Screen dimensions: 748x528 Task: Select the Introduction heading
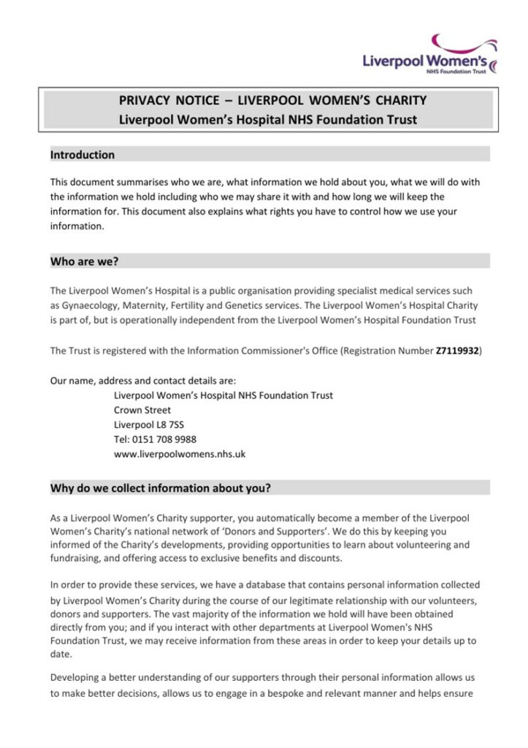point(83,155)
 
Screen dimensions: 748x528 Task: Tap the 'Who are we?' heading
point(84,261)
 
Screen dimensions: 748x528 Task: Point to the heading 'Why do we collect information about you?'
point(160,488)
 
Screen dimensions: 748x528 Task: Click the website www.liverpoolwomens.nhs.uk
point(180,454)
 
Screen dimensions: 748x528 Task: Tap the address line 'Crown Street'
point(142,410)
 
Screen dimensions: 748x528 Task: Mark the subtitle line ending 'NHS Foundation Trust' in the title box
point(268,119)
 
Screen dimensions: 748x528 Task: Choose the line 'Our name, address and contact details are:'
point(143,381)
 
